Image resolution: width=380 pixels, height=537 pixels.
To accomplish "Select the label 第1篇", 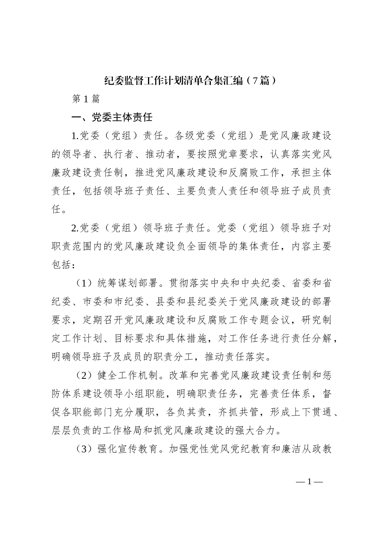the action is tap(85, 99).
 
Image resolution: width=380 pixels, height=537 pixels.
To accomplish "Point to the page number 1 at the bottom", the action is tap(309, 481).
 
